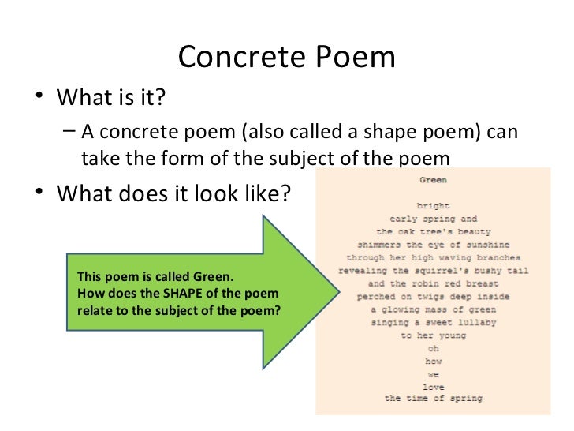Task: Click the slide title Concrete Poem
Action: tap(286, 57)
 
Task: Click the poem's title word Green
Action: tap(433, 180)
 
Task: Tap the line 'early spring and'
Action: tap(433, 219)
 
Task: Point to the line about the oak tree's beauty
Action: tap(433, 232)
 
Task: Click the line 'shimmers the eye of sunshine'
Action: tap(433, 245)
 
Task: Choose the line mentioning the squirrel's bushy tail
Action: tap(433, 271)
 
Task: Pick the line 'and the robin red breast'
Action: tap(433, 283)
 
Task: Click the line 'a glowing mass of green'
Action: tap(433, 309)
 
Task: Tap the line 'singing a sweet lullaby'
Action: tap(433, 322)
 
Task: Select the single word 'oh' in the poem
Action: tap(433, 348)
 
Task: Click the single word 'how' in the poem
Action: tap(433, 361)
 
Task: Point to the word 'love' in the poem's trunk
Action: tap(433, 387)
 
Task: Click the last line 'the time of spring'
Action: tap(433, 399)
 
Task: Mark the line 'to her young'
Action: tap(433, 335)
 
